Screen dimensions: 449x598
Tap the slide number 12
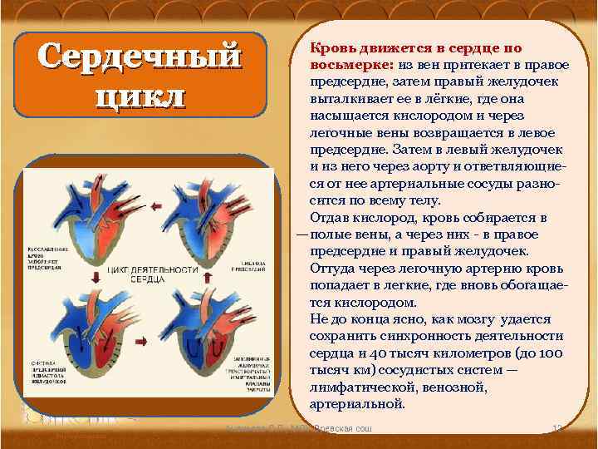pos(558,427)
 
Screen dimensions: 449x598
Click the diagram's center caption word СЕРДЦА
pos(145,282)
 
